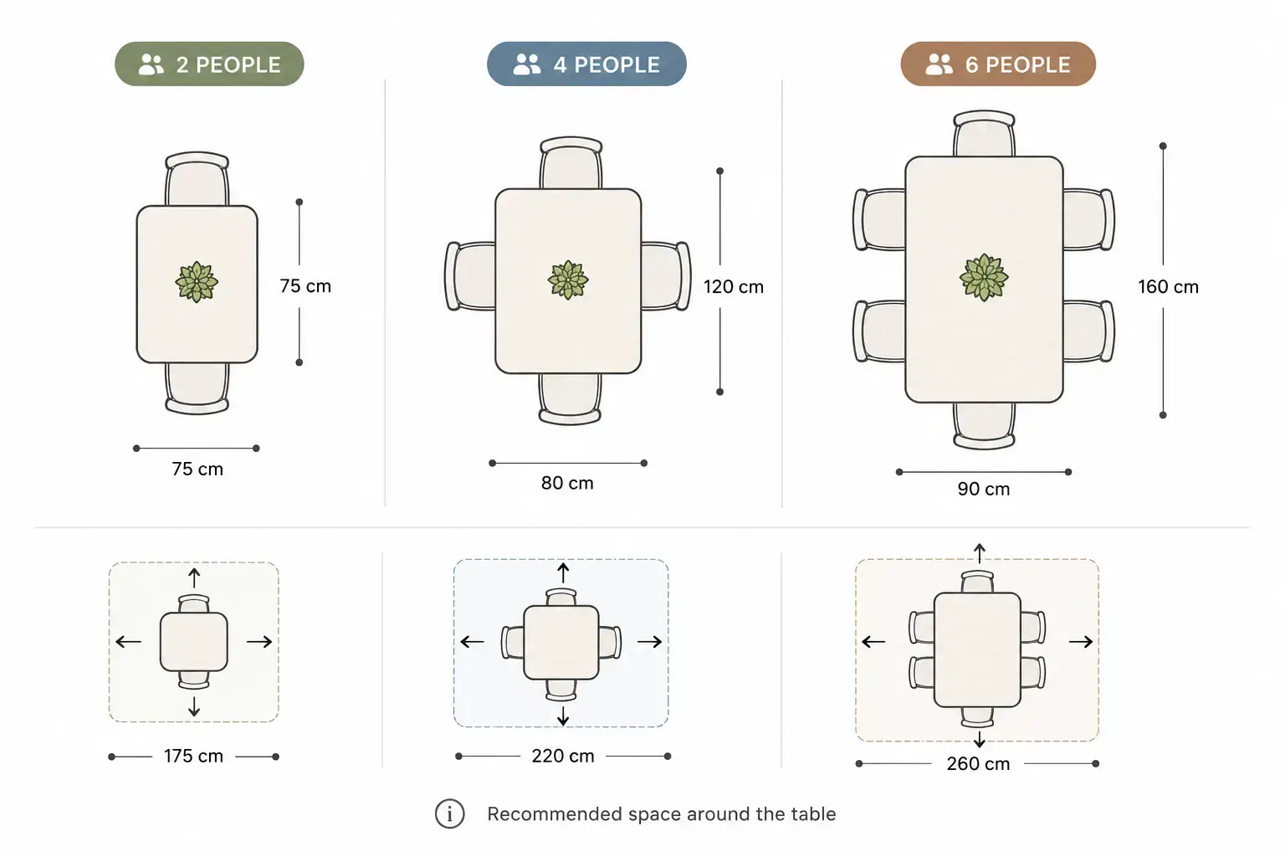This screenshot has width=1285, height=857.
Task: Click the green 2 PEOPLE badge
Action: [209, 64]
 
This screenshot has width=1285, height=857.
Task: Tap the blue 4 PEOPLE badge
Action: [586, 64]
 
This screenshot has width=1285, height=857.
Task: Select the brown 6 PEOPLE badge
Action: [998, 64]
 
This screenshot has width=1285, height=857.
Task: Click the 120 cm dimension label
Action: [734, 286]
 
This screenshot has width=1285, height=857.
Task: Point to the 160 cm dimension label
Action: [1168, 286]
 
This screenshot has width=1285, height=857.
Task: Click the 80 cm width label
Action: [567, 483]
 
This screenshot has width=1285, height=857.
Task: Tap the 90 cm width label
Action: [983, 489]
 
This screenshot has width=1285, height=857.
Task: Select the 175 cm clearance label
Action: [193, 756]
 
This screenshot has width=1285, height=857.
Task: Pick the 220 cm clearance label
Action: [563, 756]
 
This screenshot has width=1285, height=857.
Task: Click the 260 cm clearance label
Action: [978, 763]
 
